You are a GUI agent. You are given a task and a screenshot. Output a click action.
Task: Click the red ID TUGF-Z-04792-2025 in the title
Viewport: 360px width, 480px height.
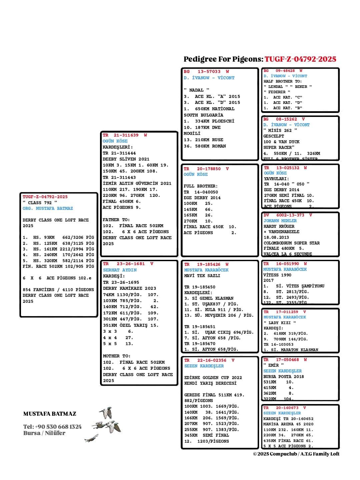(300, 59)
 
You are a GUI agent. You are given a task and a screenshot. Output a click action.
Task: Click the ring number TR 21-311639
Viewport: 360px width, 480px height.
(125, 135)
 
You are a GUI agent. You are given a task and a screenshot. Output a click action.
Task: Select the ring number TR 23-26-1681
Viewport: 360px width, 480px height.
(128, 264)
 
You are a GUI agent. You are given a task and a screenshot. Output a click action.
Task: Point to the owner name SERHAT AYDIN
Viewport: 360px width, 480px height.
(120, 270)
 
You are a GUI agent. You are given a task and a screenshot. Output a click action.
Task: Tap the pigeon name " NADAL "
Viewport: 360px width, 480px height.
(197, 90)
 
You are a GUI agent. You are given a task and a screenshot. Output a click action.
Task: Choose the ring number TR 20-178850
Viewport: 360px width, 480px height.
(206, 169)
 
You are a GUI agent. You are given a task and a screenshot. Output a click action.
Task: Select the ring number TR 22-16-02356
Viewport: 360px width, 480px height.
(209, 360)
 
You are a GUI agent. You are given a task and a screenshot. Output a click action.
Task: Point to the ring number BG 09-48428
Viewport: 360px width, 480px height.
(283, 71)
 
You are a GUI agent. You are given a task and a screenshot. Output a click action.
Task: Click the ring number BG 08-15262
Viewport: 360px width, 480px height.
(284, 119)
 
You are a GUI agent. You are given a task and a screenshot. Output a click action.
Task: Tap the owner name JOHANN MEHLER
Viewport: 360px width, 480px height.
(280, 221)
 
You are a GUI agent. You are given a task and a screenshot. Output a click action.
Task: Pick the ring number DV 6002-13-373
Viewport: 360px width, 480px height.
(288, 215)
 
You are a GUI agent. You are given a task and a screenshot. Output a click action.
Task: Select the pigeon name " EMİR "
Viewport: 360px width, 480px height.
(273, 365)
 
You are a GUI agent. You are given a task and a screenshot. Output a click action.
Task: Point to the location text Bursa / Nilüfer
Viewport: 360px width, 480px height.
(44, 433)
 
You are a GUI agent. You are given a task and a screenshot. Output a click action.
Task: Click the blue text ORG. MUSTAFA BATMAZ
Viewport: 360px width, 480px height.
(48, 209)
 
